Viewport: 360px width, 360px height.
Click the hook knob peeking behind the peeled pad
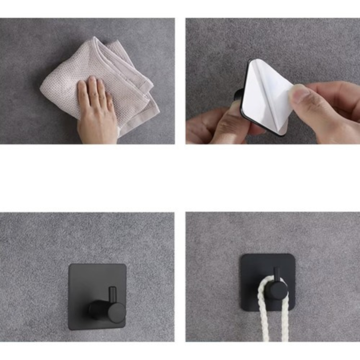tap(239, 95)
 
